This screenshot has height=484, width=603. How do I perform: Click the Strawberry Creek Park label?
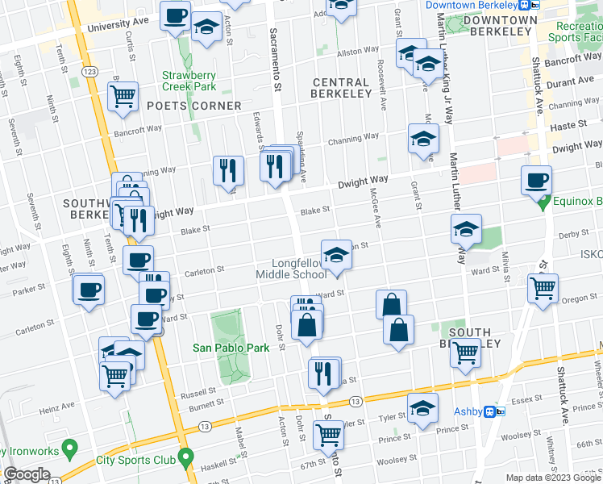pos(189,79)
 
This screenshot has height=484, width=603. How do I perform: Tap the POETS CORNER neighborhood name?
pos(194,106)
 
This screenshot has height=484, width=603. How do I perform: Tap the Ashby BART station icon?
pos(494,411)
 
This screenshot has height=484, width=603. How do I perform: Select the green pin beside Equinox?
pos(544,201)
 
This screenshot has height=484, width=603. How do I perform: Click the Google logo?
pos(27,474)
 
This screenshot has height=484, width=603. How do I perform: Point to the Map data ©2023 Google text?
pos(553,478)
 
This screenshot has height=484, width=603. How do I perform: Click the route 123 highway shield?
pos(89,72)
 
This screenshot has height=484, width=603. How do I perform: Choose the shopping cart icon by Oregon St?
pos(543,287)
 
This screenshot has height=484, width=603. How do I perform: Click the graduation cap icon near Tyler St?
pos(422,407)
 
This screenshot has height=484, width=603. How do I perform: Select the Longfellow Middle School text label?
pos(291,269)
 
